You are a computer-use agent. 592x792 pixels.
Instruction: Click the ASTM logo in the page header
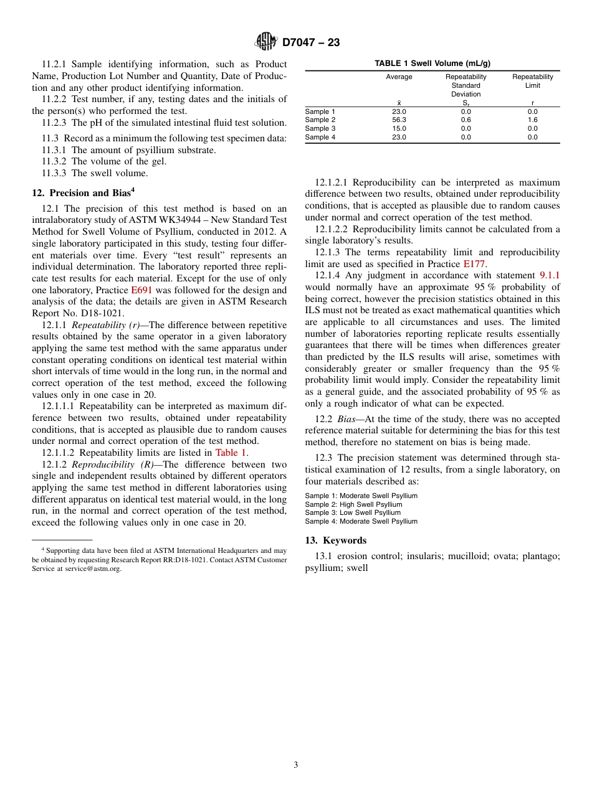click(265, 42)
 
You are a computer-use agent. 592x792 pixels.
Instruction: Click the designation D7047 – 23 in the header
click(311, 42)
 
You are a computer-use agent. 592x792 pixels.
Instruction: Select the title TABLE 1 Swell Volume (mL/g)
click(432, 64)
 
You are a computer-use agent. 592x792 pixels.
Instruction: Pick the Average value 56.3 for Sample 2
click(399, 120)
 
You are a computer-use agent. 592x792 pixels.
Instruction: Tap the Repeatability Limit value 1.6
click(532, 120)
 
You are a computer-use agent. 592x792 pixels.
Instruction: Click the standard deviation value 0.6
click(465, 120)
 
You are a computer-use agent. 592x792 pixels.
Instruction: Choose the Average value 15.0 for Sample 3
click(399, 129)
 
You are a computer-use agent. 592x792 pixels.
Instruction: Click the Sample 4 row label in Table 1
click(320, 138)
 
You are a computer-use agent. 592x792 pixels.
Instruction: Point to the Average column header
click(399, 77)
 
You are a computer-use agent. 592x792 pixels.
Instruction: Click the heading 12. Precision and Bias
click(83, 193)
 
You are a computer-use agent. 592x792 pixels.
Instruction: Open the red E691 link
click(141, 290)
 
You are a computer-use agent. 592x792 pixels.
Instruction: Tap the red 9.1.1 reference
click(549, 275)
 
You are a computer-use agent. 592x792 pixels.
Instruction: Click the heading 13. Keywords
click(335, 540)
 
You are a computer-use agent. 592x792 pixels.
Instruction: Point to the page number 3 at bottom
click(296, 765)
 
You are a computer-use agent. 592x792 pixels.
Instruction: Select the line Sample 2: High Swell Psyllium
click(353, 504)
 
